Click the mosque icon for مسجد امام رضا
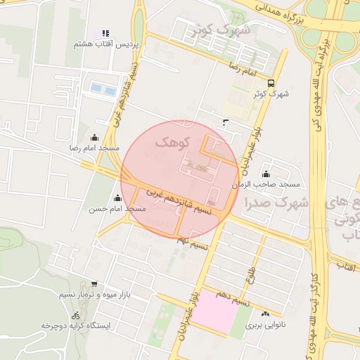95,138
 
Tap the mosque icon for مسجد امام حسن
116,199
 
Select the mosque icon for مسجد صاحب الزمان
266,174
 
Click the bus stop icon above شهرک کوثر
271,83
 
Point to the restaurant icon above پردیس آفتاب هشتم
105,33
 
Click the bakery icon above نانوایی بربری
265,314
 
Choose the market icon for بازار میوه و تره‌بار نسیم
94,285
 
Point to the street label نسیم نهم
193,243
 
